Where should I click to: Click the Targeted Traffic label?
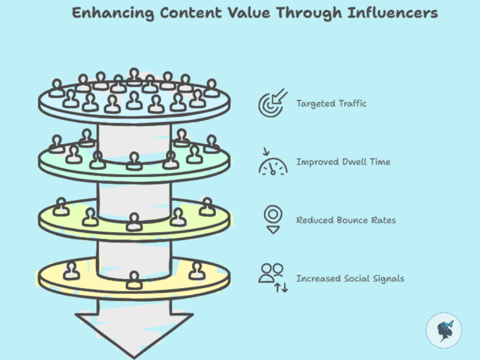tap(331, 104)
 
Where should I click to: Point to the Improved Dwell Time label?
tap(343, 162)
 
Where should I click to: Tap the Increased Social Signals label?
tap(350, 279)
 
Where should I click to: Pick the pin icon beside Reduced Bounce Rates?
tap(273, 219)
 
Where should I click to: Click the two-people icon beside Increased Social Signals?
tap(272, 277)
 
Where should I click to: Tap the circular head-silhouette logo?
tap(443, 330)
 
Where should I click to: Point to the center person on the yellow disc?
tap(134, 279)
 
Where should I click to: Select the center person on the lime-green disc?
tap(134, 222)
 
